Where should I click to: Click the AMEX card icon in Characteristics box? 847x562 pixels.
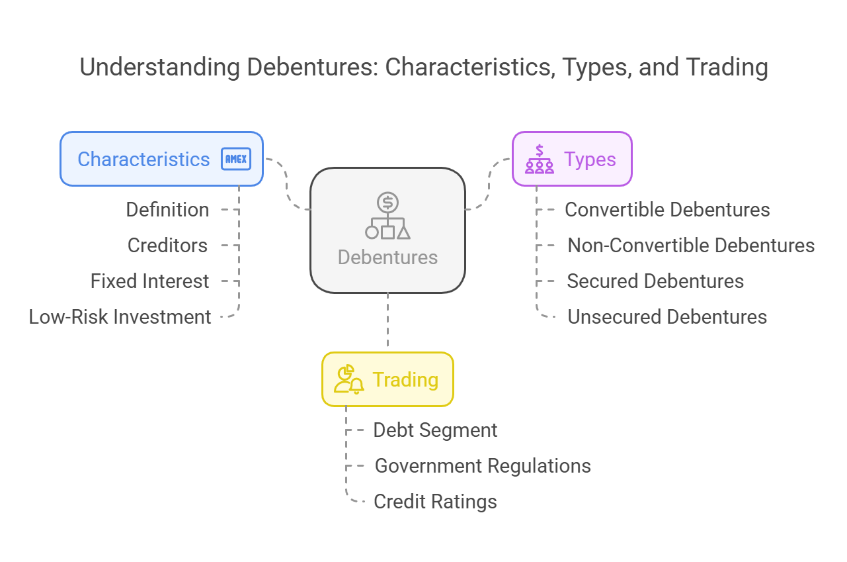[x=236, y=159]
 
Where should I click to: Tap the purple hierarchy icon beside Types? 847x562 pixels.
[x=540, y=159]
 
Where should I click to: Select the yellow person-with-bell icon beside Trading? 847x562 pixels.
[x=348, y=379]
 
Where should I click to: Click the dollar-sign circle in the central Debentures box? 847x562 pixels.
[x=387, y=203]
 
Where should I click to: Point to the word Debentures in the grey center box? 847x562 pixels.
[x=387, y=258]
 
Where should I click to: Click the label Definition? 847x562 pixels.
[x=167, y=210]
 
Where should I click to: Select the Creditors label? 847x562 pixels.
[x=167, y=245]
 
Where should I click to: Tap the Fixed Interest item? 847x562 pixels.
[x=149, y=281]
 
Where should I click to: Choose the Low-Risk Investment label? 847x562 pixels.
[x=120, y=317]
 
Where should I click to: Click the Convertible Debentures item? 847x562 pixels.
[x=667, y=210]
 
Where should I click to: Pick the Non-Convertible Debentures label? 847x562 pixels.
[x=691, y=245]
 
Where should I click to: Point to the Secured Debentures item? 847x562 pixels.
[x=655, y=281]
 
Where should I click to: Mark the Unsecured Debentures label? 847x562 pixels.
[x=667, y=317]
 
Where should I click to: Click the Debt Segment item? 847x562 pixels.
[x=435, y=430]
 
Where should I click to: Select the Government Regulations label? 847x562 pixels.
[x=483, y=466]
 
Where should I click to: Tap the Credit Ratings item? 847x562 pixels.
[x=435, y=502]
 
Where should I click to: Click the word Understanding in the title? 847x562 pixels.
[x=159, y=68]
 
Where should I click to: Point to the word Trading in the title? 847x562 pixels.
[x=727, y=68]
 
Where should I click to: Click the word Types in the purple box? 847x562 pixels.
[x=590, y=160]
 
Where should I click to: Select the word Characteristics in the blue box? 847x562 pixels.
[x=143, y=159]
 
